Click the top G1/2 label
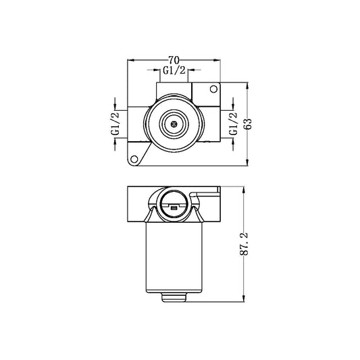coord(174,70)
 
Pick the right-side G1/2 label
coord(233,124)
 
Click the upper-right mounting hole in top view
coord(215,88)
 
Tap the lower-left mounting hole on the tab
coord(134,159)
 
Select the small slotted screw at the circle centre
coord(174,124)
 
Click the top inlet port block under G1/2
coord(174,91)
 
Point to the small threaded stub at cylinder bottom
coord(174,297)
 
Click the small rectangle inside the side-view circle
coord(174,209)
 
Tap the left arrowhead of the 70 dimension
coord(130,65)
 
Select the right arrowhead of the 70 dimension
coord(220,65)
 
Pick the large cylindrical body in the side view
coord(174,257)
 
